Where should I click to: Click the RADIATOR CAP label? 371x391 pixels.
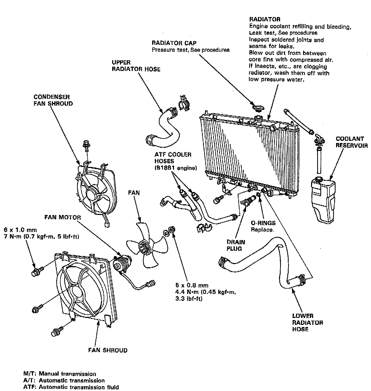coord(174,43)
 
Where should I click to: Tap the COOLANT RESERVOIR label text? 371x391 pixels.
coord(351,142)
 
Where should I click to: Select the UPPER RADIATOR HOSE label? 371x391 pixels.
coord(136,66)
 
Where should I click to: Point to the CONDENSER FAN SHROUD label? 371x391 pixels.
coord(53,100)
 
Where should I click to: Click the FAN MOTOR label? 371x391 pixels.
coord(62,217)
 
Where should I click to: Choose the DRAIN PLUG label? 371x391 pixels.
coord(236,245)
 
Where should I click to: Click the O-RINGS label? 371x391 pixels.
coord(263,223)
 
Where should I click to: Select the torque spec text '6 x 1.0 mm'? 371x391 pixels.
coord(21,230)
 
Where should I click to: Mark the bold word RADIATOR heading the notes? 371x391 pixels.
coord(265,19)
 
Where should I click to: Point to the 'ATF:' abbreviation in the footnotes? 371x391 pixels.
coord(30,387)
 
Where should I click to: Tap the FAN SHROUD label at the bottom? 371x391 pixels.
coord(108,350)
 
